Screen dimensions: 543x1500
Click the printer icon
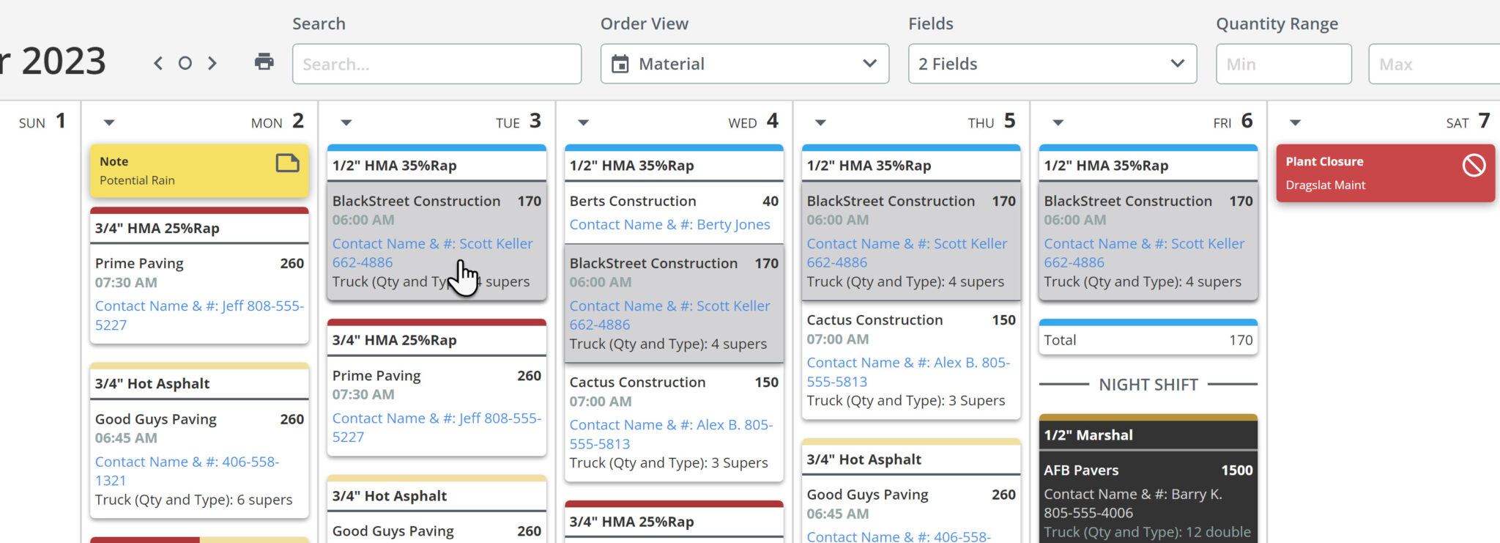(x=264, y=62)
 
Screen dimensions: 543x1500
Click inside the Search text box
(x=437, y=64)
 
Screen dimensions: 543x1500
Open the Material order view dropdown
(x=744, y=64)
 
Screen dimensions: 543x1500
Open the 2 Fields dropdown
(x=1052, y=64)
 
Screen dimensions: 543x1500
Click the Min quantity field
(x=1283, y=64)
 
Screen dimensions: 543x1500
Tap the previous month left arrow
(x=158, y=63)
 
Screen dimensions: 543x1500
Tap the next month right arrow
(x=212, y=63)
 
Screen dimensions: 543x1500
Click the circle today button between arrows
(x=185, y=63)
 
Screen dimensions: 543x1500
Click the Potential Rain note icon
(x=287, y=163)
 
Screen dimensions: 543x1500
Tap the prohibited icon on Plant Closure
(x=1474, y=165)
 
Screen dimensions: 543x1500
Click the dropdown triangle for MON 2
(x=109, y=123)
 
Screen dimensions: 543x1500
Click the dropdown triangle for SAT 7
(x=1295, y=123)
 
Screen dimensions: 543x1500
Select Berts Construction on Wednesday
(x=633, y=201)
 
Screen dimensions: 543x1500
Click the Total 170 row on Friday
(x=1148, y=340)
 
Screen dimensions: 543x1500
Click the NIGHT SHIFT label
(x=1148, y=385)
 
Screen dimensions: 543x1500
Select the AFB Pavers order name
(x=1081, y=470)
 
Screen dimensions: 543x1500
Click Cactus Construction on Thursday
(x=875, y=320)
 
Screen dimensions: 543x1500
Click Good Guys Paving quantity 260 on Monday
(x=292, y=419)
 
